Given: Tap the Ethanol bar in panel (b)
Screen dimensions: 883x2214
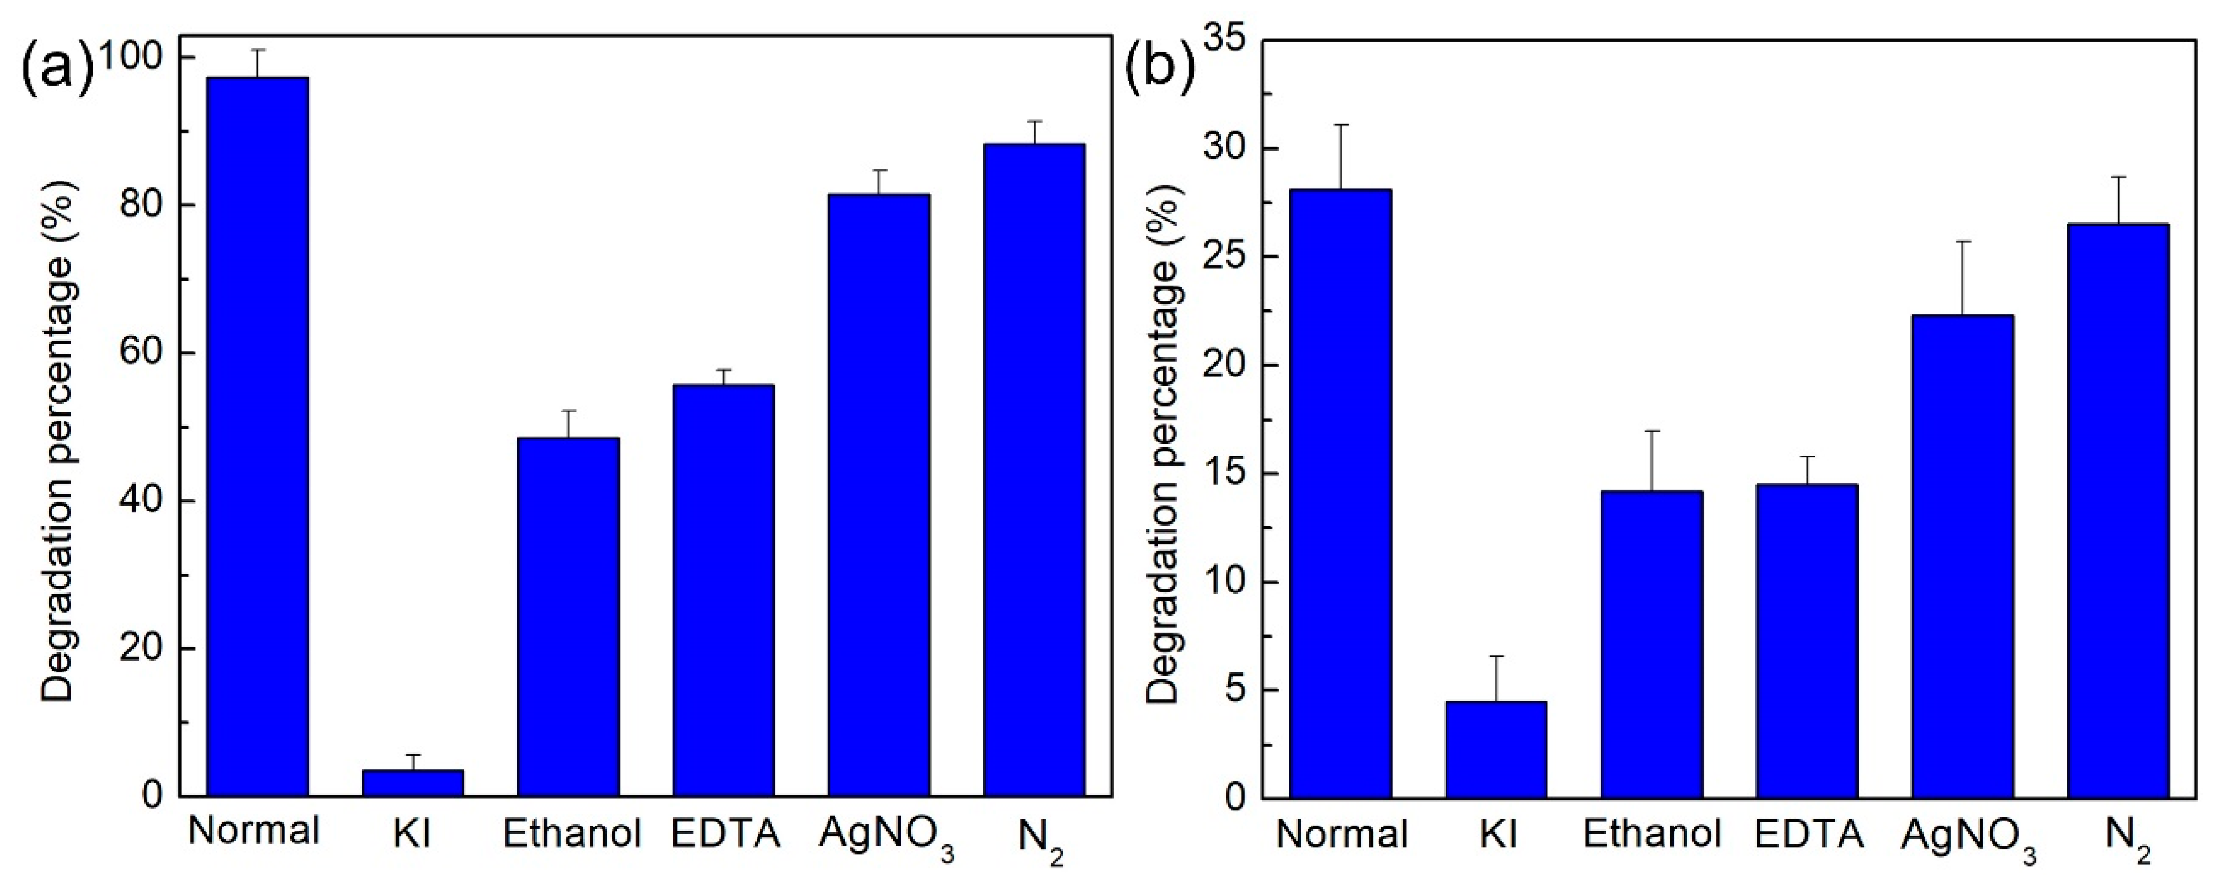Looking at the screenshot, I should tap(1651, 644).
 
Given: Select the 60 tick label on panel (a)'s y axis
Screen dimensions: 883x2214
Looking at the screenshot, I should tap(142, 353).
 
